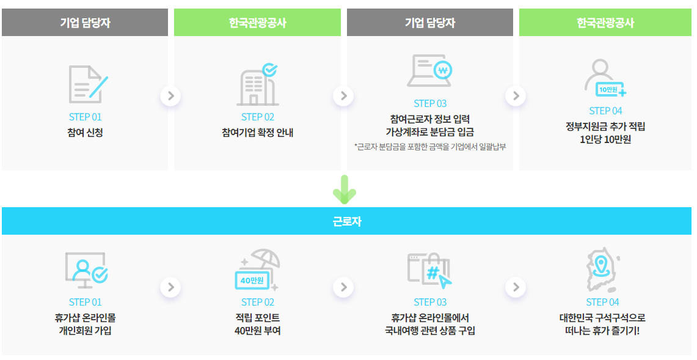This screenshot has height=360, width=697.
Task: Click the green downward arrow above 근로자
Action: click(345, 189)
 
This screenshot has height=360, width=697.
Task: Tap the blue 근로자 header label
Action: click(348, 221)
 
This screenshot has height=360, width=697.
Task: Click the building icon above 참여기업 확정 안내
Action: click(257, 84)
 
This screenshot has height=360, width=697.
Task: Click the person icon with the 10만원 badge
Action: click(604, 79)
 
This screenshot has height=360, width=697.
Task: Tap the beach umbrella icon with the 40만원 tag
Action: click(257, 270)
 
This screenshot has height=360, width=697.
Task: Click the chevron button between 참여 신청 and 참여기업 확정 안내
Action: click(171, 96)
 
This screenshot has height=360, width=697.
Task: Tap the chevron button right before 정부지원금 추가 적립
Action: click(516, 96)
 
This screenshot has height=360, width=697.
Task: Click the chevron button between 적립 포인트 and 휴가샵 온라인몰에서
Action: click(343, 287)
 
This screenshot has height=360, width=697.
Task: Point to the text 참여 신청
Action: click(85, 132)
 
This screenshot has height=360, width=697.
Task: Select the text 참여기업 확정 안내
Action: click(257, 132)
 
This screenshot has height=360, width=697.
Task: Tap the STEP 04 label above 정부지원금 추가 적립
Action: click(605, 111)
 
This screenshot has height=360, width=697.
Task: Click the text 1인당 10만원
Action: click(605, 139)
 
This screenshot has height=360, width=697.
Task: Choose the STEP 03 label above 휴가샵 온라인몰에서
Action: click(430, 302)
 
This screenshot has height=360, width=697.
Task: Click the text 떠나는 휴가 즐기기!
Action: click(602, 331)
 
